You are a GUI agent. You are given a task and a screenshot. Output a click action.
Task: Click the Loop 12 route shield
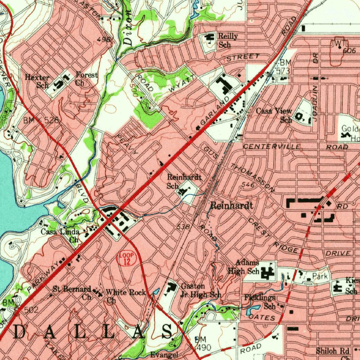click(x=125, y=258)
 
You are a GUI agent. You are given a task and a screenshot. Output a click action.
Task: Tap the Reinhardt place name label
click(x=231, y=206)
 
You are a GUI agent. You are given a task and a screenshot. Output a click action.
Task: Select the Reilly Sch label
click(x=227, y=40)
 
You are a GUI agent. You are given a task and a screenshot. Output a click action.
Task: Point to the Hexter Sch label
click(x=38, y=81)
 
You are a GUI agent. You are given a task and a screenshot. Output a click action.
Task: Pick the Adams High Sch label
click(x=244, y=267)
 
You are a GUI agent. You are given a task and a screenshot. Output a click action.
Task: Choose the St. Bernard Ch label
click(x=72, y=292)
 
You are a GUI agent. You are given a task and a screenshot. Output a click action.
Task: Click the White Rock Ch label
click(x=126, y=296)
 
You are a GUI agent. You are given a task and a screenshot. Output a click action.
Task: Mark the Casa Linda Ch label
click(x=60, y=236)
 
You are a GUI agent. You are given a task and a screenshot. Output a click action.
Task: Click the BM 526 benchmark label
click(x=41, y=120)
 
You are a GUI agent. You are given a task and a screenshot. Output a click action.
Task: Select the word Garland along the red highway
click(x=214, y=112)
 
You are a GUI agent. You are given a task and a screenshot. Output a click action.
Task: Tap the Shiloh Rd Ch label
click(x=332, y=353)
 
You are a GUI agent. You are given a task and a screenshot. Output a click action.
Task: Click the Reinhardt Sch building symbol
click(x=183, y=191)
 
